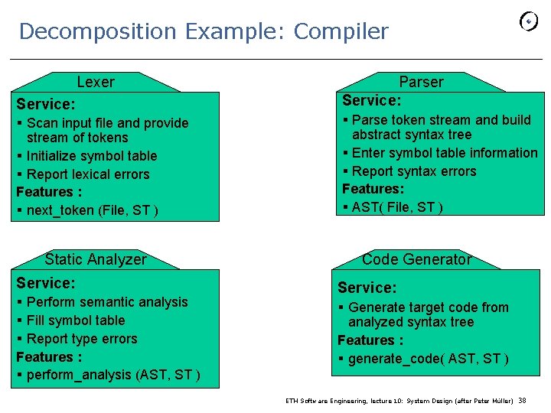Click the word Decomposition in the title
click(97, 32)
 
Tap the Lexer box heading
click(96, 82)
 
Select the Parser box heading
click(421, 82)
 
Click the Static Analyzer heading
click(96, 259)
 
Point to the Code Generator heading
click(417, 259)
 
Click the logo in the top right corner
click(529, 21)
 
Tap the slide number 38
click(523, 401)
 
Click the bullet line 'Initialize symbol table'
click(91, 156)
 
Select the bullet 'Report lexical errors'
click(88, 174)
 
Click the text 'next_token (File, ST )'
click(92, 210)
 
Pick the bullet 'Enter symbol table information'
click(444, 153)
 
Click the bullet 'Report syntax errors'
click(413, 171)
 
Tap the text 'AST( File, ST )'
click(397, 207)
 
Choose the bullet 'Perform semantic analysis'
click(106, 302)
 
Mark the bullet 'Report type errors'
click(82, 339)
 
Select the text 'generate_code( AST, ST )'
click(428, 359)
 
